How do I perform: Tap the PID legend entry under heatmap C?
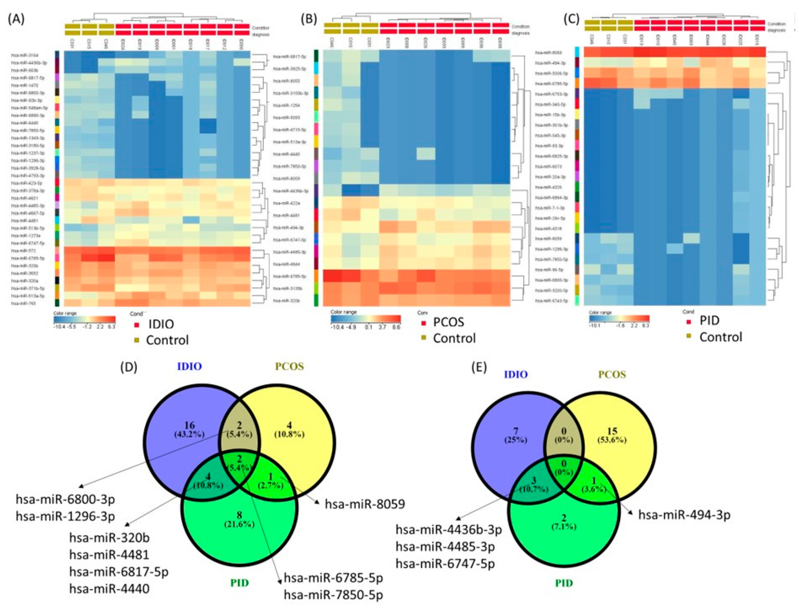pyautogui.click(x=709, y=320)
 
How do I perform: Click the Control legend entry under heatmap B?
pyautogui.click(x=454, y=338)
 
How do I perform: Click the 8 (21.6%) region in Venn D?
pyautogui.click(x=239, y=519)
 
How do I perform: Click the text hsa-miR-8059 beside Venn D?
pyautogui.click(x=365, y=504)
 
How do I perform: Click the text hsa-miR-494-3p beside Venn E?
pyautogui.click(x=684, y=515)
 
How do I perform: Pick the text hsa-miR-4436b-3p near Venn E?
pyautogui.click(x=449, y=529)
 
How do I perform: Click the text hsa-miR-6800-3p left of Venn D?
pyautogui.click(x=65, y=499)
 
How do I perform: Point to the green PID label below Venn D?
pyautogui.click(x=239, y=583)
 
